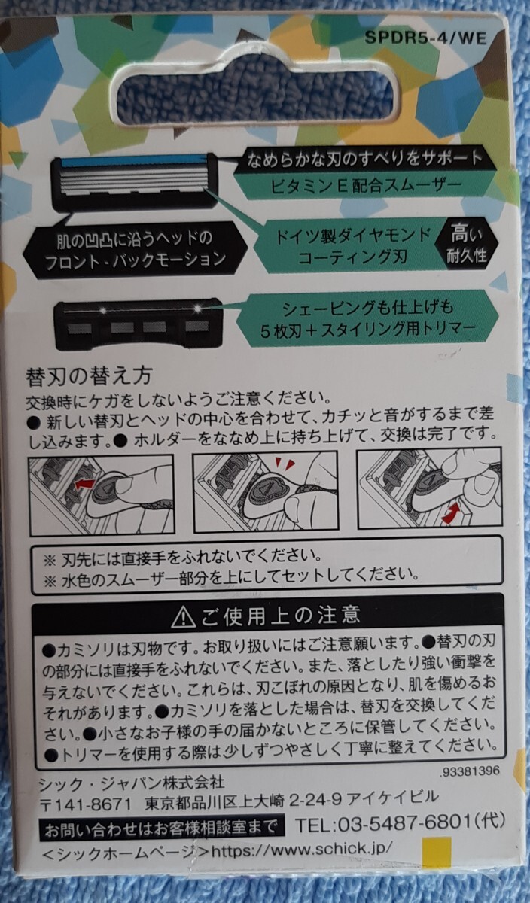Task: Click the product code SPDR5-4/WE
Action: tap(425, 38)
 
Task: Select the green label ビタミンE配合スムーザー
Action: tap(365, 184)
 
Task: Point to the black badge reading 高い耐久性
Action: tap(466, 244)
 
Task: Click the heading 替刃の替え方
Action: tap(89, 376)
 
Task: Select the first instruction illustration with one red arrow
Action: tap(101, 494)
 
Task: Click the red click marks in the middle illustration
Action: tap(284, 464)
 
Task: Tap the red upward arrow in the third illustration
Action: tap(451, 512)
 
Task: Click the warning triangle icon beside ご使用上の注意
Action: tap(184, 617)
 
